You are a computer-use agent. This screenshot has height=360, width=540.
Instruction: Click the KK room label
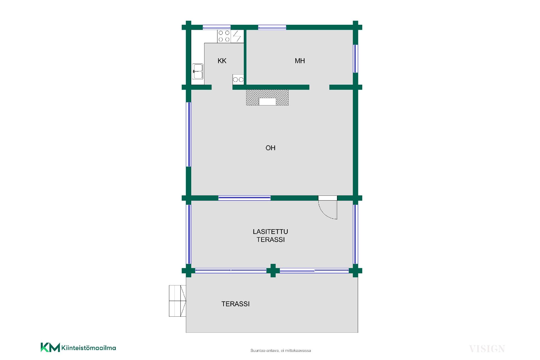(222, 61)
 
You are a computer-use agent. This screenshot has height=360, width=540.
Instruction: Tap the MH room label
(300, 61)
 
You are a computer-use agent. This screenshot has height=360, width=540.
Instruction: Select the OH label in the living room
(271, 148)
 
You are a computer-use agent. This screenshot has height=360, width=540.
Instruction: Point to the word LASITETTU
(270, 232)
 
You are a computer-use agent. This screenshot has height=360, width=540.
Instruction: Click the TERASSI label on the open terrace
(236, 304)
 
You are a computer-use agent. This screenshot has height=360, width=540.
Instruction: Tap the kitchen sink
(198, 71)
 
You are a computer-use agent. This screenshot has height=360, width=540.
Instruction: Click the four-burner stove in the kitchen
(224, 37)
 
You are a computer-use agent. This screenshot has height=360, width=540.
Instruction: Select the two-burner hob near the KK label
(238, 80)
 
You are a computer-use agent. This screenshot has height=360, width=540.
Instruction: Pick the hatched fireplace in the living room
(267, 98)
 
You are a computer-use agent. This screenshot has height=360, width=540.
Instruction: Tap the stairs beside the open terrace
(177, 301)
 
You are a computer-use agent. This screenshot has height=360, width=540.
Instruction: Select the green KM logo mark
(50, 347)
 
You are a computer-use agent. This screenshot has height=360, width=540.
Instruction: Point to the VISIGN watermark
(487, 349)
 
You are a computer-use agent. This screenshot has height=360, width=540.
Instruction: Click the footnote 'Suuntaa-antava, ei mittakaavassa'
(281, 351)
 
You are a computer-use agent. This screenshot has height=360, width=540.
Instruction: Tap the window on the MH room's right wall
(355, 58)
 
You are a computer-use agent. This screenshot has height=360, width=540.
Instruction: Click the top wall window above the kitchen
(217, 27)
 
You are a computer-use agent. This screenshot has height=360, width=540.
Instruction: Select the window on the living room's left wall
(189, 134)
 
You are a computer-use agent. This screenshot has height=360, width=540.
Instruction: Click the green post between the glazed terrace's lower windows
(273, 271)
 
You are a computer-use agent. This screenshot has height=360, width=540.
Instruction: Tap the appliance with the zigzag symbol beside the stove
(237, 37)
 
